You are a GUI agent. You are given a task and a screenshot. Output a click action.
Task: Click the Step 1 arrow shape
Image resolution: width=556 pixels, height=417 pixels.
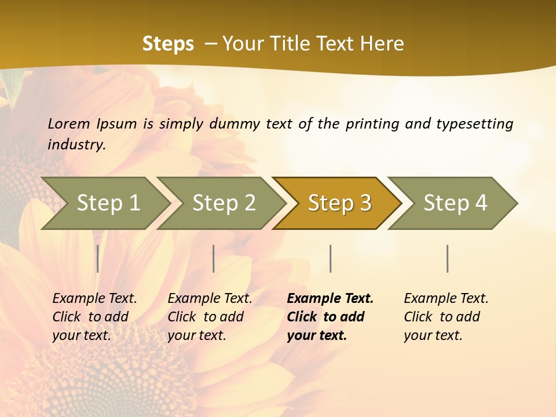coord(108,203)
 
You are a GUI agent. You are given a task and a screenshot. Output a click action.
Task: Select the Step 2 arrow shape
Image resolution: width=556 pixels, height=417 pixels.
coord(224,203)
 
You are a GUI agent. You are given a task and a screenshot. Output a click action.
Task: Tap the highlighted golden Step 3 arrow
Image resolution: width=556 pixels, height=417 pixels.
coord(339,203)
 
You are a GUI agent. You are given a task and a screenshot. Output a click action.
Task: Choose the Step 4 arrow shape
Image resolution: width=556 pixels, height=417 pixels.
coord(455,203)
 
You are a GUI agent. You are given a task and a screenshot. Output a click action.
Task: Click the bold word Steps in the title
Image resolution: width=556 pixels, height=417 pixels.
coord(168,43)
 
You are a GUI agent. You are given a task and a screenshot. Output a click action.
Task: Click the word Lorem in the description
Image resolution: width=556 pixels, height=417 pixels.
coord(68,123)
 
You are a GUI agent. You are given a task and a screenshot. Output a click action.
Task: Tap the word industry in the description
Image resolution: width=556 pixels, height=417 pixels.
coord(76,144)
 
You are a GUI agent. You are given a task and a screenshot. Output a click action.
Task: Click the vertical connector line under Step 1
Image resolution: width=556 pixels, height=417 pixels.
coord(98,258)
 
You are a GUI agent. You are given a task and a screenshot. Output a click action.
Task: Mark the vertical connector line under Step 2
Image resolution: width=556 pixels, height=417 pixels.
coord(214,258)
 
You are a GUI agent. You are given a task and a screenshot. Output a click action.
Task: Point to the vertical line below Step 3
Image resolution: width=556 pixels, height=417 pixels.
coord(330,258)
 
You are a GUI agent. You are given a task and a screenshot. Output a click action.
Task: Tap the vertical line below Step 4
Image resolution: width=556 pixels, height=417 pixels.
coord(448,258)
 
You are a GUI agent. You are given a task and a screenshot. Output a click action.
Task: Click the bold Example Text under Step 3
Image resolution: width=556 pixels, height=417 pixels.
coord(330,298)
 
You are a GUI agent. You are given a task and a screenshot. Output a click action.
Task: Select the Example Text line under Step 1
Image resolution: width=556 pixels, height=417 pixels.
coord(94,298)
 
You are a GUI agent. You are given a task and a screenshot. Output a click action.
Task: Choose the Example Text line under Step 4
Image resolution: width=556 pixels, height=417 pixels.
coord(446,298)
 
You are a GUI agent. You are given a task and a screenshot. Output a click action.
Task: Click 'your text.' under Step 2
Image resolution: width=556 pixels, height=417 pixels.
coord(196,335)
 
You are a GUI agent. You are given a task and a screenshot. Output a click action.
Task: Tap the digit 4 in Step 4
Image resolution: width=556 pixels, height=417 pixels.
coord(481,203)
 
